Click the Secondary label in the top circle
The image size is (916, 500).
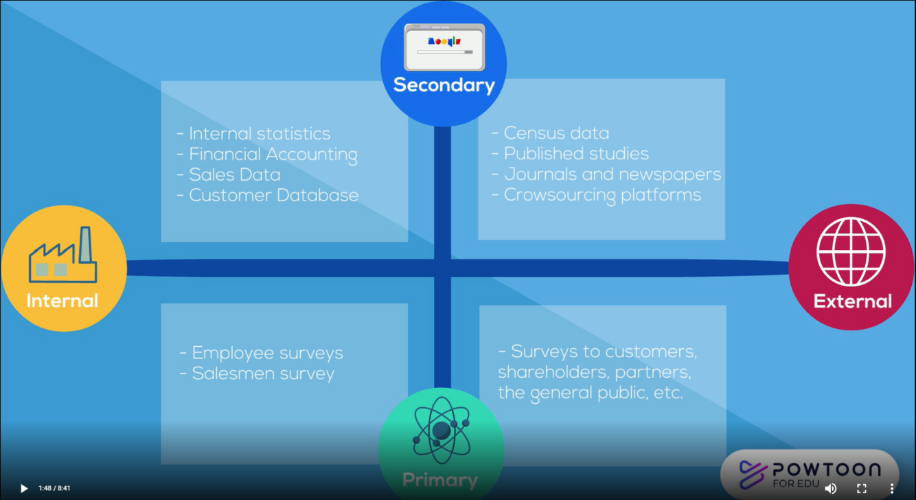click(x=444, y=85)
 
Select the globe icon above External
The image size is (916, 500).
click(x=851, y=251)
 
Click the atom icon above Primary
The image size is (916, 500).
click(x=442, y=431)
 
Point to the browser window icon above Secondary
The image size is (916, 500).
click(x=444, y=47)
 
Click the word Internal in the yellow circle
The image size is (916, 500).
click(x=62, y=301)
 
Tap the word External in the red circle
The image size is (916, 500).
click(x=852, y=301)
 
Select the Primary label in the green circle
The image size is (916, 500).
click(x=439, y=479)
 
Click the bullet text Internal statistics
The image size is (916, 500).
click(x=259, y=134)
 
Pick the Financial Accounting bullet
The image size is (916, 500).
click(x=273, y=155)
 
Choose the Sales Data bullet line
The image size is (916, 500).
click(x=234, y=174)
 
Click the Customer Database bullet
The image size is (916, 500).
click(x=273, y=195)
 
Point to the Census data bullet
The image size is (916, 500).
click(x=556, y=133)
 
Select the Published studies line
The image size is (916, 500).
click(x=575, y=154)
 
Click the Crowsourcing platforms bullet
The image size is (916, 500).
click(x=602, y=195)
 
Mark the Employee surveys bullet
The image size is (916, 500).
click(x=266, y=353)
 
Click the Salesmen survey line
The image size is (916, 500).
click(x=263, y=374)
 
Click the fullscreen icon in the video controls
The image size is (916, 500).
click(x=862, y=488)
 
